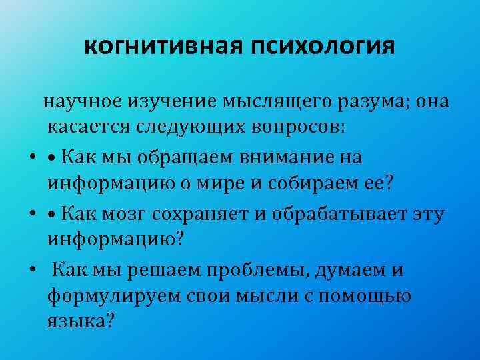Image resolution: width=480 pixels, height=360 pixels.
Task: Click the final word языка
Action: pos(81,321)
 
